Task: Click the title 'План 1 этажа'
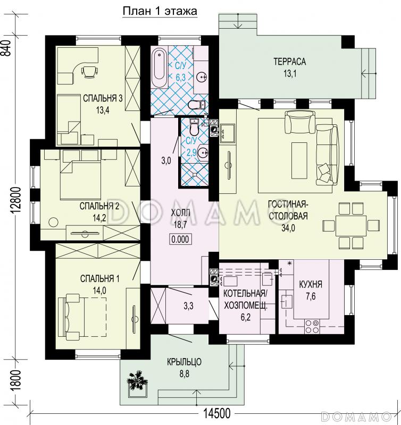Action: (160, 11)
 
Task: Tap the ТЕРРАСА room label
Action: (289, 62)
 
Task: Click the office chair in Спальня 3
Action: (89, 71)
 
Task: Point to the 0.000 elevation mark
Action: (180, 240)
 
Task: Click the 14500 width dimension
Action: (216, 414)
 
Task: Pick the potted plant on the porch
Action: (137, 380)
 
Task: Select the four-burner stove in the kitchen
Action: (312, 326)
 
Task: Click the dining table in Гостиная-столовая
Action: (351, 225)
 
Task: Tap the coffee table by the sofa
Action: (299, 160)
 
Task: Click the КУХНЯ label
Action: (311, 284)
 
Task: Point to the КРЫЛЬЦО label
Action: (184, 362)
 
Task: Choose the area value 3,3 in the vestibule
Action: (188, 306)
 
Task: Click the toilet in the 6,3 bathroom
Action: (197, 104)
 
